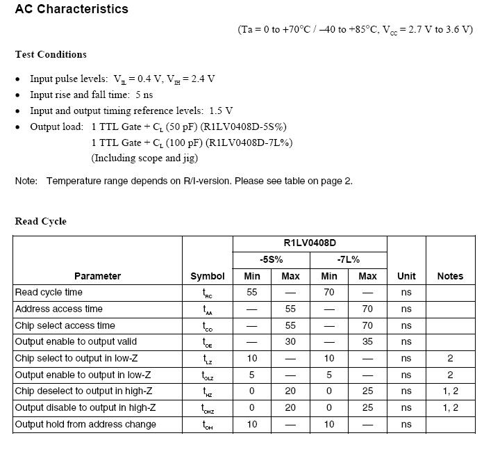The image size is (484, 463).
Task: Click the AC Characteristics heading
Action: point(72,9)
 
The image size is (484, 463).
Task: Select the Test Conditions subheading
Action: point(51,54)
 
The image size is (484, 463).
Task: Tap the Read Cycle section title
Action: point(40,221)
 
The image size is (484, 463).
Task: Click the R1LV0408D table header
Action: point(310,243)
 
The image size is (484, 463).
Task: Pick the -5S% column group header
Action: point(271,259)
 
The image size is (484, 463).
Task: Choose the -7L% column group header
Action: point(348,259)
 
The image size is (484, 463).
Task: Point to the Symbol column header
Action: point(208,276)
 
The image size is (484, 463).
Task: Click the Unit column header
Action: point(406,276)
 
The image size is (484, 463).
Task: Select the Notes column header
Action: point(450,276)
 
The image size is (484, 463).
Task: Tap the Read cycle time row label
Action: point(49,293)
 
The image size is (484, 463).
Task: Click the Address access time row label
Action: point(58,309)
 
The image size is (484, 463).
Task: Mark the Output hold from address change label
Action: point(85,425)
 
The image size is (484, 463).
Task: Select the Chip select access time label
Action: point(65,325)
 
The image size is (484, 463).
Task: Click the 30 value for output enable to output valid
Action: point(290,342)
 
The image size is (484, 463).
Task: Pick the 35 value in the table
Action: point(367,342)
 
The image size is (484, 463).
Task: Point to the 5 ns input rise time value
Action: point(144,95)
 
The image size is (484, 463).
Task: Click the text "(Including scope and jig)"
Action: point(144,158)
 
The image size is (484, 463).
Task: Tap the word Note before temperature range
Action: point(26,181)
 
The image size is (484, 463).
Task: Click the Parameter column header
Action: point(97,276)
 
